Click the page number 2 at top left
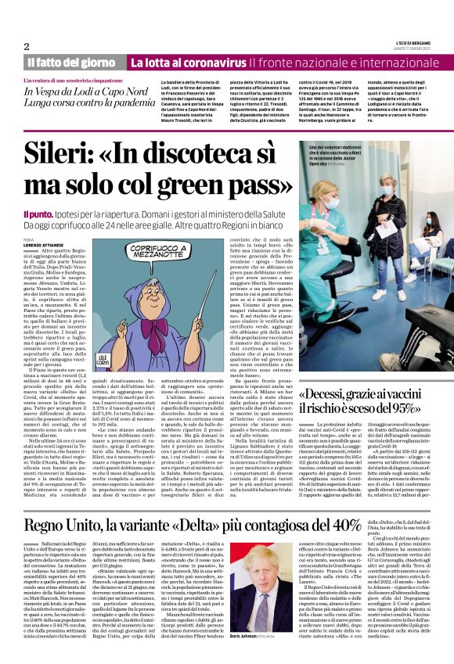pyautogui.click(x=27, y=46)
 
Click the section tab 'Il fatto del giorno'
pyautogui.click(x=72, y=63)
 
